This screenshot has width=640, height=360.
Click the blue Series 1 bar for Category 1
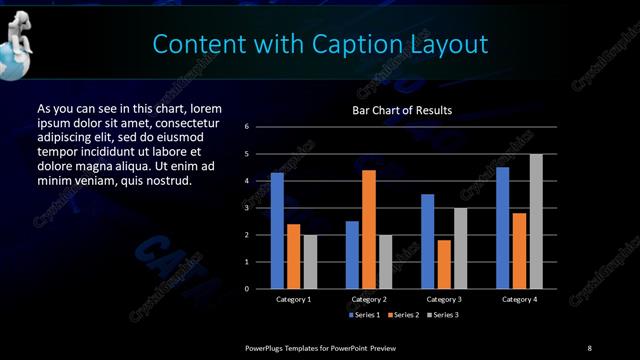(x=277, y=231)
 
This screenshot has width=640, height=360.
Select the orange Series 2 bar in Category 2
(x=369, y=229)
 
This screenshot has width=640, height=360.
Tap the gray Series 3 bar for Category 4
(x=536, y=221)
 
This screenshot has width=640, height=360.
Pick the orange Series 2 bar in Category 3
(x=444, y=264)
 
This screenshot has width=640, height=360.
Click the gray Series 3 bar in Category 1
(x=310, y=262)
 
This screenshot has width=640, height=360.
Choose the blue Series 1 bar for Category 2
(x=352, y=255)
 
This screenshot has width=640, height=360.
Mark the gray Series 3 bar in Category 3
(x=461, y=248)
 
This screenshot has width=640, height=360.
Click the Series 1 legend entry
(x=362, y=315)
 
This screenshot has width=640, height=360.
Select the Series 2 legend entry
(x=401, y=315)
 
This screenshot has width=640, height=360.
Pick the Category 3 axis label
(x=444, y=299)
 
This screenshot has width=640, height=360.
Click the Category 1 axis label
(x=294, y=299)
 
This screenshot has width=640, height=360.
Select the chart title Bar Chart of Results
(x=402, y=110)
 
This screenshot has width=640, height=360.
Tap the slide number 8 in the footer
(x=589, y=347)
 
